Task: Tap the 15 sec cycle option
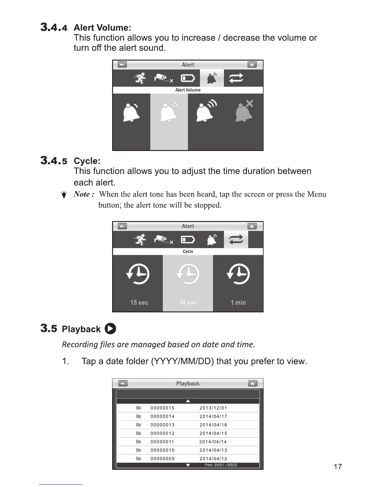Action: pos(139,303)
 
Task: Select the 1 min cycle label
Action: pos(238,303)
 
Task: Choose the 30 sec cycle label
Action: pos(188,303)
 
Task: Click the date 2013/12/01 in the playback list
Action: pos(213,408)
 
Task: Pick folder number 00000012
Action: pos(163,433)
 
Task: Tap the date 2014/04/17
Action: pos(213,416)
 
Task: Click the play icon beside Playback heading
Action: pos(110,329)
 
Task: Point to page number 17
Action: pos(338,467)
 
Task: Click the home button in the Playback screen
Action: pos(252,383)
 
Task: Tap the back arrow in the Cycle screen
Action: pos(122,226)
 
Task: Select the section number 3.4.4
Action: pos(54,28)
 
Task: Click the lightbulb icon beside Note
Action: pos(64,195)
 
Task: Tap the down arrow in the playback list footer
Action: pos(188,465)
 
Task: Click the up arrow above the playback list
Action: pos(188,401)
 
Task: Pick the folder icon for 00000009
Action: pos(139,458)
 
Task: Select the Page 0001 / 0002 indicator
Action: pos(221,465)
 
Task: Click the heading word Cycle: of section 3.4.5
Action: pos(87,161)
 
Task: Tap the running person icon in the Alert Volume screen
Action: pos(141,78)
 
